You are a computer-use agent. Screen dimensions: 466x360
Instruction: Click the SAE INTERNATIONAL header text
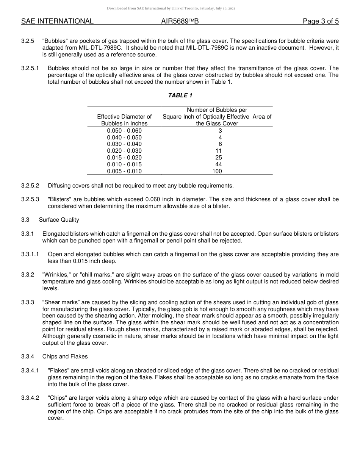click(57, 21)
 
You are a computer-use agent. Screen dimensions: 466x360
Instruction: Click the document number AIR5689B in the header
click(180, 21)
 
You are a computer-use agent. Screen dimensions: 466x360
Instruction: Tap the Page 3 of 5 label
click(321, 21)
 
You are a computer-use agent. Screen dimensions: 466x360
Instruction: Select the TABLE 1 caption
click(180, 95)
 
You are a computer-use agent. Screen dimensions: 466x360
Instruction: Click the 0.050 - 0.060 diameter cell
click(124, 131)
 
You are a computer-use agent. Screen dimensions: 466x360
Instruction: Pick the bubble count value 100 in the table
click(217, 171)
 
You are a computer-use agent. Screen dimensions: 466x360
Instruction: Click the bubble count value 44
click(218, 164)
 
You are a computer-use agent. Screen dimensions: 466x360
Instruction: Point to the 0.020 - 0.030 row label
click(124, 151)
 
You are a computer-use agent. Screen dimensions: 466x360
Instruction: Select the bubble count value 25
click(218, 158)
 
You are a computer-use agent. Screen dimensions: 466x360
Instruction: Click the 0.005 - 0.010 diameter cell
click(124, 171)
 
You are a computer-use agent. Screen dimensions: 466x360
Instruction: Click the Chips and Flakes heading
click(65, 356)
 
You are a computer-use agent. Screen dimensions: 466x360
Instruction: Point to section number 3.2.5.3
click(30, 199)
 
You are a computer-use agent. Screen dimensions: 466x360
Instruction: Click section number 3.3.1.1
click(30, 254)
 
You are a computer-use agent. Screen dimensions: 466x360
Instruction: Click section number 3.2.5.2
click(30, 186)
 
